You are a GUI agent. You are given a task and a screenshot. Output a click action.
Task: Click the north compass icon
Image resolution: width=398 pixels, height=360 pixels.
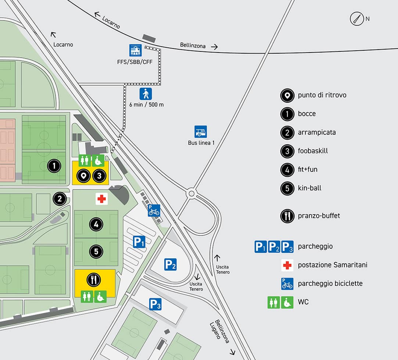[x=356, y=19]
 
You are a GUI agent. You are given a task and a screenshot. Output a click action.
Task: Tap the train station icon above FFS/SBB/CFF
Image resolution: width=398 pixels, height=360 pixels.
[x=135, y=50]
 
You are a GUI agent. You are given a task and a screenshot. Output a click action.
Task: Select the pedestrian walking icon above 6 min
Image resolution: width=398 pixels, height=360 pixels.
[x=146, y=94]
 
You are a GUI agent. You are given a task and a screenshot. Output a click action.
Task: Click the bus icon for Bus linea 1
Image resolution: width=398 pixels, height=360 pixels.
[x=201, y=132]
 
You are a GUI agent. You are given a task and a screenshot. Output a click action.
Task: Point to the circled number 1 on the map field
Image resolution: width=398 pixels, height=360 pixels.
[x=54, y=166]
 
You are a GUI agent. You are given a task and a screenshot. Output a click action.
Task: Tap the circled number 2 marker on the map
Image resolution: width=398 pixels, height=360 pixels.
[x=60, y=199]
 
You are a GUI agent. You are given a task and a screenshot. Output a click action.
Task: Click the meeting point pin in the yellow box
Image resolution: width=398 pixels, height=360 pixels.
[x=84, y=176]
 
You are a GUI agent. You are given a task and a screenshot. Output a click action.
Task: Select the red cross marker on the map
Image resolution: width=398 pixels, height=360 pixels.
[x=101, y=199]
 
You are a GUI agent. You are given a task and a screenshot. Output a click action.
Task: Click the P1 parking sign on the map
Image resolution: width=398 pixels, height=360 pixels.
[x=139, y=242]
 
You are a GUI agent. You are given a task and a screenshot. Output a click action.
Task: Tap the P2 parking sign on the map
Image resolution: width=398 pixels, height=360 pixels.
[x=170, y=264]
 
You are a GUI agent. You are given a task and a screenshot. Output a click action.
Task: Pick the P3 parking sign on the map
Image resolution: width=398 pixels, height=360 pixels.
[x=155, y=304]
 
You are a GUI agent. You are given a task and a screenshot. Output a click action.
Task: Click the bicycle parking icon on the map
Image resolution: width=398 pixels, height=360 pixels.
[x=154, y=210]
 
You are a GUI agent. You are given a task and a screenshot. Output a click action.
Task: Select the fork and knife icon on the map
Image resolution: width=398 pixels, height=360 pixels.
[x=93, y=280]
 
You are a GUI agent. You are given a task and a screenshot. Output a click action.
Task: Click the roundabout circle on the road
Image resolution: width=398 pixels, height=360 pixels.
[x=191, y=193]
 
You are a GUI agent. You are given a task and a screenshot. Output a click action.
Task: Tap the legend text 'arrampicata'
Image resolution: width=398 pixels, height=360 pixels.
[x=316, y=132]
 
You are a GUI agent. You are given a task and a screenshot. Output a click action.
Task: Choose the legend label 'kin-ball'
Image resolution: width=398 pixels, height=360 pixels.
[x=309, y=188]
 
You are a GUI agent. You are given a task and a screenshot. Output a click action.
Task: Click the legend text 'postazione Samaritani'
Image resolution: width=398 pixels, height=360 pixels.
[x=332, y=265]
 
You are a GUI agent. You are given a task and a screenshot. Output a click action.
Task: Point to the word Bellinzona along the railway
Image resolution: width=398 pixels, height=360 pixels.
[x=193, y=45]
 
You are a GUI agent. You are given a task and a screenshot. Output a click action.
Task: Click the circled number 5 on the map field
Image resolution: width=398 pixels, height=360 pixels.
[x=96, y=252]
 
